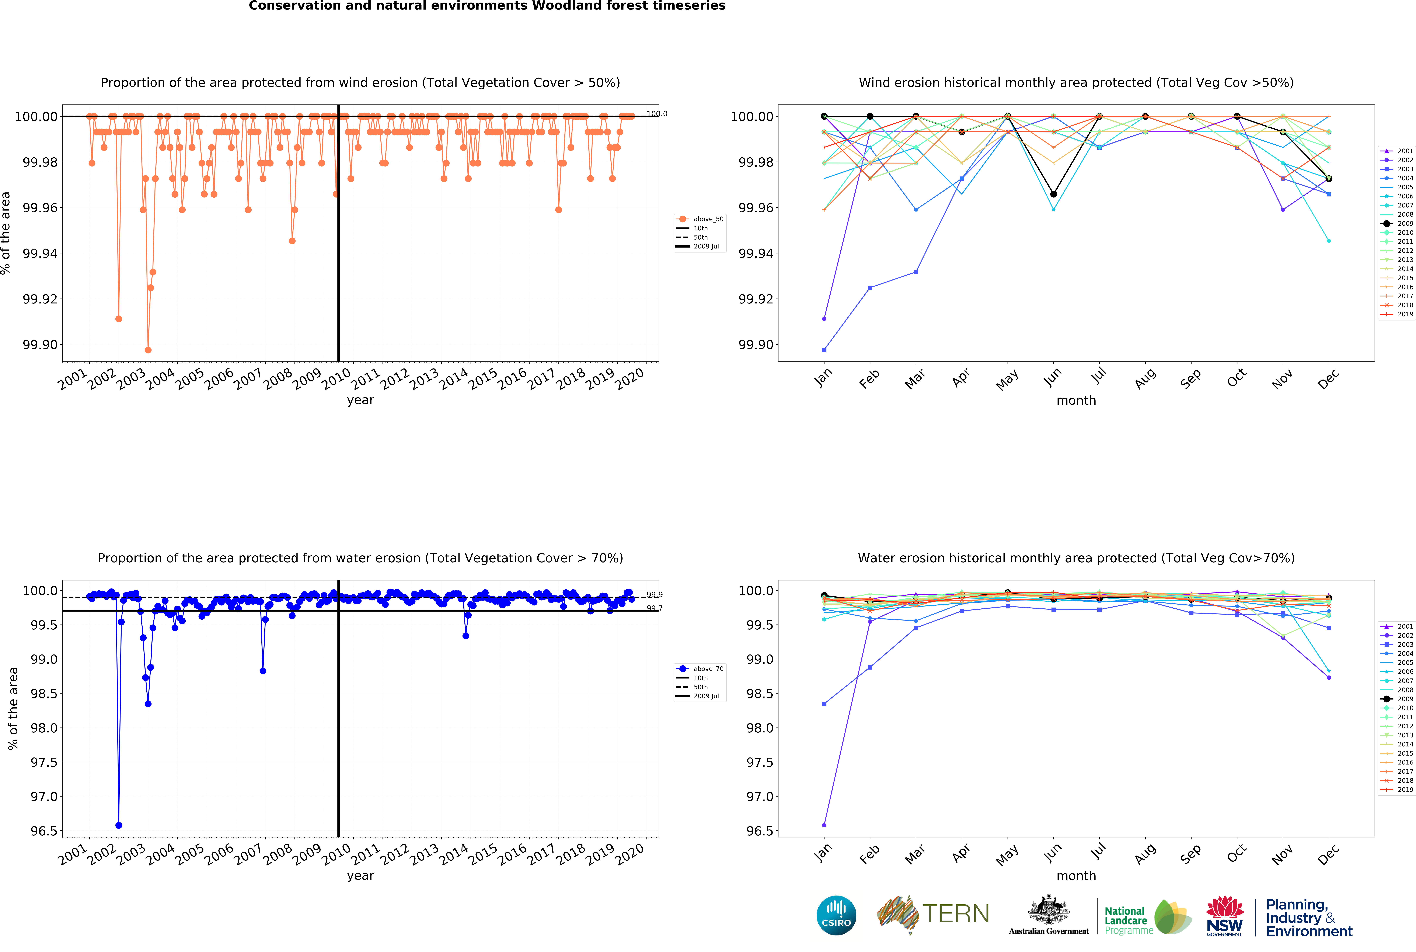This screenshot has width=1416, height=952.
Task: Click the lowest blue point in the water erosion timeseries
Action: coord(119,825)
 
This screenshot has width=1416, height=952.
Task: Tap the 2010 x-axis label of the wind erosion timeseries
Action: coord(335,379)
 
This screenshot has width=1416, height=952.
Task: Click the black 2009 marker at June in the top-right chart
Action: coord(1053,194)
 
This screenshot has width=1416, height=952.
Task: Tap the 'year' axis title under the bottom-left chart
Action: coord(360,876)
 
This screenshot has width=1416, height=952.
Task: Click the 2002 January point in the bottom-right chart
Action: coord(824,825)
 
